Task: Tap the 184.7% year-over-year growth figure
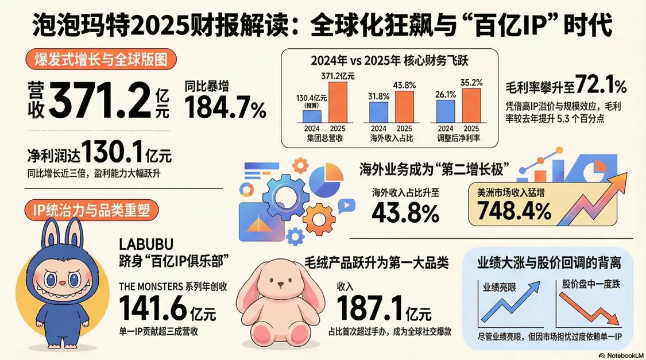pyautogui.click(x=225, y=107)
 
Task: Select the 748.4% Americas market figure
pyautogui.click(x=510, y=212)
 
